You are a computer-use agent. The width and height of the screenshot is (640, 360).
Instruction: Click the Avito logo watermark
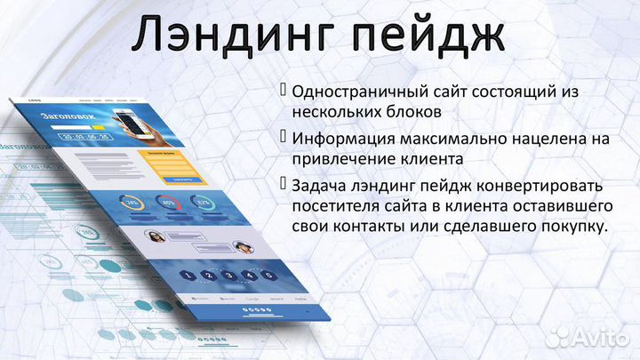[588, 335]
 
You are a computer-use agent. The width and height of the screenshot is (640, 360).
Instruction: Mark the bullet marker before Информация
[284, 138]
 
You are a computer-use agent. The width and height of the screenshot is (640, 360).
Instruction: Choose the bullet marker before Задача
[284, 184]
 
